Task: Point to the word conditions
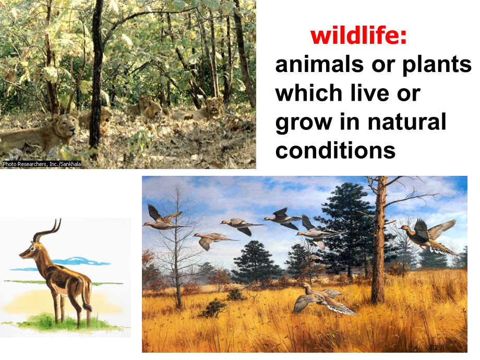point(335,150)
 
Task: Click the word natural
point(407,122)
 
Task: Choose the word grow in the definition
point(304,123)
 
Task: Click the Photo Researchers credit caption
point(42,164)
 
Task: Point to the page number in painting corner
point(437,347)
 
